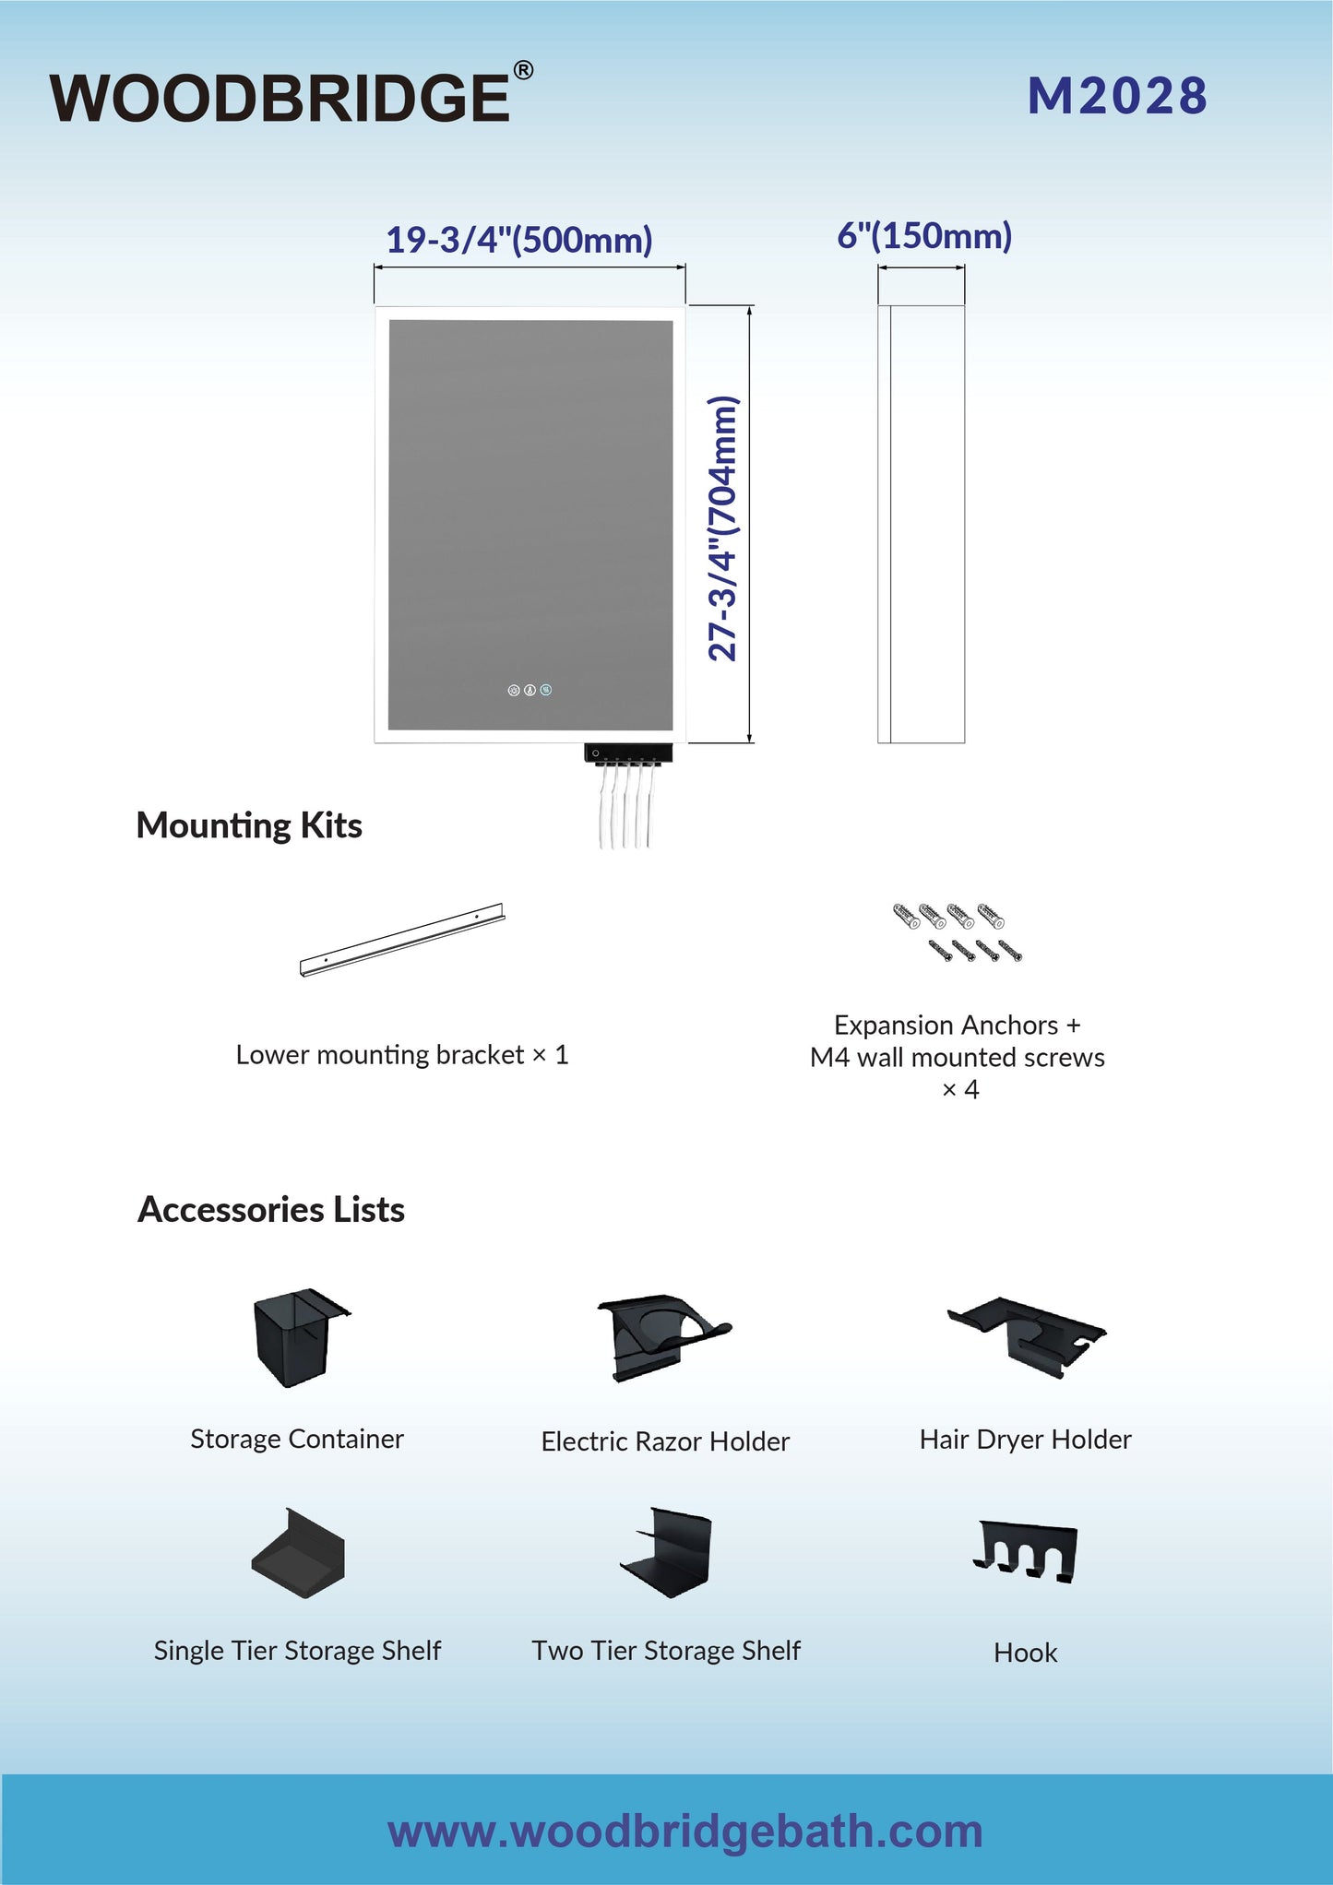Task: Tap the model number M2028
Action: point(1117,96)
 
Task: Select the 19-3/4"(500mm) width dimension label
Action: point(519,240)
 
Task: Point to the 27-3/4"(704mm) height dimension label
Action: point(723,528)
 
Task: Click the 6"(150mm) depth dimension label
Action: point(924,236)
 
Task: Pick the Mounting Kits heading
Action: point(249,825)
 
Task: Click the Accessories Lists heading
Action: point(271,1209)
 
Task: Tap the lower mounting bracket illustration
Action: point(402,940)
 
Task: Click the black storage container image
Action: point(298,1337)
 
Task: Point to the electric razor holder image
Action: point(662,1336)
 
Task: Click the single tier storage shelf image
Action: point(298,1554)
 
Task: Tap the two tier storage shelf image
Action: point(666,1552)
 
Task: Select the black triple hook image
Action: point(1026,1552)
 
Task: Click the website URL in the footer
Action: point(685,1831)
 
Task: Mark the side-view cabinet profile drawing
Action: point(921,524)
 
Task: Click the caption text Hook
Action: point(1026,1653)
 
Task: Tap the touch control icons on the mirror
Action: point(530,690)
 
